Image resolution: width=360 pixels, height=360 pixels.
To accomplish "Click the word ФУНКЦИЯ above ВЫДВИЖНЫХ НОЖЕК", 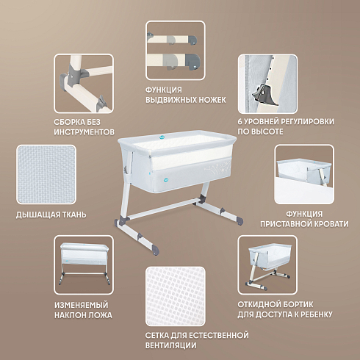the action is [164, 90].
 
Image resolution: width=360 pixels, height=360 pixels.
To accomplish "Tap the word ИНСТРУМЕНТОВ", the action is [84, 132].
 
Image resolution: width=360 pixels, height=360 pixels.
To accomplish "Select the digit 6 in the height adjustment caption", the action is [240, 121].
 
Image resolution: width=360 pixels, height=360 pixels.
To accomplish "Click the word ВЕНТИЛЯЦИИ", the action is [170, 345].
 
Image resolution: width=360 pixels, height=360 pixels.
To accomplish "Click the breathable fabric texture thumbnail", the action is [46, 174].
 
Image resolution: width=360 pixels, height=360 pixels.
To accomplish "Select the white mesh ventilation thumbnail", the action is [176, 296].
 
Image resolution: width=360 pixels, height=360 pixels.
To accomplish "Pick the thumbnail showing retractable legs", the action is [176, 50].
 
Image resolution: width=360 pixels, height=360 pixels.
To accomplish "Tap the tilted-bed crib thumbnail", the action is [84, 265].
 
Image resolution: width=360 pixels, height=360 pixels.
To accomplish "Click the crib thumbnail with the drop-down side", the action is [267, 265].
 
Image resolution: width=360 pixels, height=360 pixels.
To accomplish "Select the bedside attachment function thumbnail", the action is [304, 174].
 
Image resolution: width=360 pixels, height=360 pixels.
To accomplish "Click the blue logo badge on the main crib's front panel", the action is [167, 180].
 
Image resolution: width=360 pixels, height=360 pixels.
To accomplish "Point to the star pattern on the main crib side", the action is [217, 169].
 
